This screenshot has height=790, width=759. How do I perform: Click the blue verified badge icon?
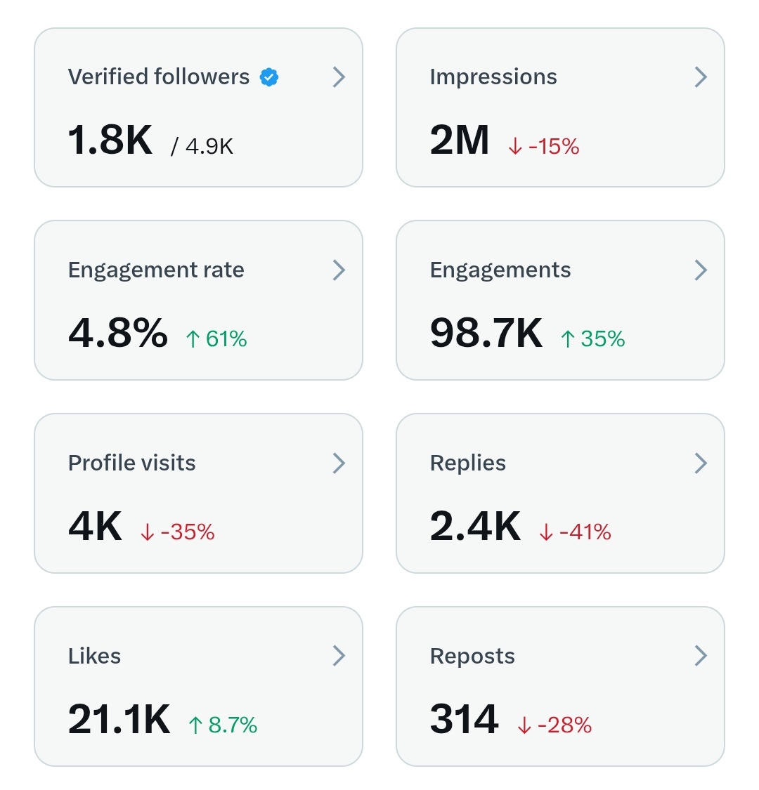[x=269, y=77]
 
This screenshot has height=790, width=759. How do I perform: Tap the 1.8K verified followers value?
[x=110, y=140]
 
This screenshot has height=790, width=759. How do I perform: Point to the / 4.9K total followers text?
[x=202, y=146]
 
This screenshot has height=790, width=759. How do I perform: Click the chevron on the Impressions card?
[x=701, y=77]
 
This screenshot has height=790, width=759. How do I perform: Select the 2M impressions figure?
[x=460, y=140]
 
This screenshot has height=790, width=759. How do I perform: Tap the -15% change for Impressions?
[x=544, y=146]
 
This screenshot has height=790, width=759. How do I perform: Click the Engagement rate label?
[x=156, y=270]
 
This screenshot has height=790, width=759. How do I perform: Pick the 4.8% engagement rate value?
[x=118, y=333]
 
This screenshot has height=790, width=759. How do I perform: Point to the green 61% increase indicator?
[x=216, y=339]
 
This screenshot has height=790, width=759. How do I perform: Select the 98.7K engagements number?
[x=486, y=333]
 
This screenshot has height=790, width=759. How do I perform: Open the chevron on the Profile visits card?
[x=339, y=463]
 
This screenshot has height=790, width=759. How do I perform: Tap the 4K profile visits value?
[x=96, y=526]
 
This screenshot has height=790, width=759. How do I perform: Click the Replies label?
[x=468, y=463]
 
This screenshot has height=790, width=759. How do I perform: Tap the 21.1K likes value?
[x=119, y=719]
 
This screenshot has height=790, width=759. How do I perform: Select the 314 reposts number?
[x=465, y=719]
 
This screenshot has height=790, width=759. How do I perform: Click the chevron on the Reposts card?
[x=701, y=656]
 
